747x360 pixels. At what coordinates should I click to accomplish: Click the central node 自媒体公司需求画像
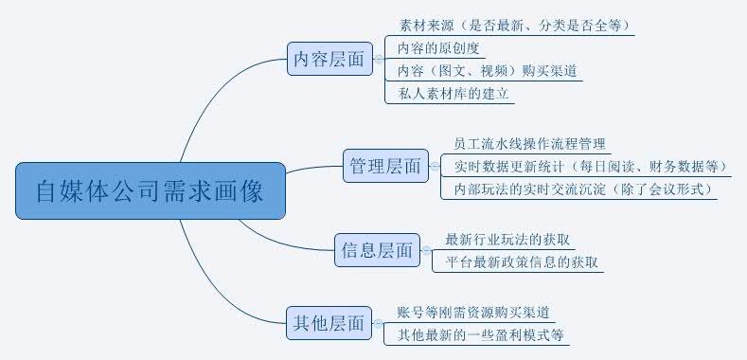pyautogui.click(x=151, y=191)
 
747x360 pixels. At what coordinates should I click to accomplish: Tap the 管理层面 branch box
pyautogui.click(x=385, y=167)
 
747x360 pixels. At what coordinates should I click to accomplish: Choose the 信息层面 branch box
pyautogui.click(x=376, y=250)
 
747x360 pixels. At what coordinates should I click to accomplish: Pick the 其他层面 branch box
pyautogui.click(x=328, y=323)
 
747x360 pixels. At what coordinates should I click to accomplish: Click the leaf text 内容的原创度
pyautogui.click(x=439, y=47)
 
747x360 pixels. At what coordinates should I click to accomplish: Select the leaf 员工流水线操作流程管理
pyautogui.click(x=529, y=144)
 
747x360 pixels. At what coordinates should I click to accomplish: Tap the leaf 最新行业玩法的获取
pyautogui.click(x=509, y=239)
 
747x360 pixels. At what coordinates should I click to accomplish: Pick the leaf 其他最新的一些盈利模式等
pyautogui.click(x=480, y=334)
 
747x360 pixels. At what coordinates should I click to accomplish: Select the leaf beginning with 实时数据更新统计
pyautogui.click(x=585, y=167)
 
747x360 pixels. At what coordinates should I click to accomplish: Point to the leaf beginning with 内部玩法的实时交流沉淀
pyautogui.click(x=578, y=189)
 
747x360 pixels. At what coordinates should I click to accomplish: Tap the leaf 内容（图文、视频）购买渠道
pyautogui.click(x=488, y=70)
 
